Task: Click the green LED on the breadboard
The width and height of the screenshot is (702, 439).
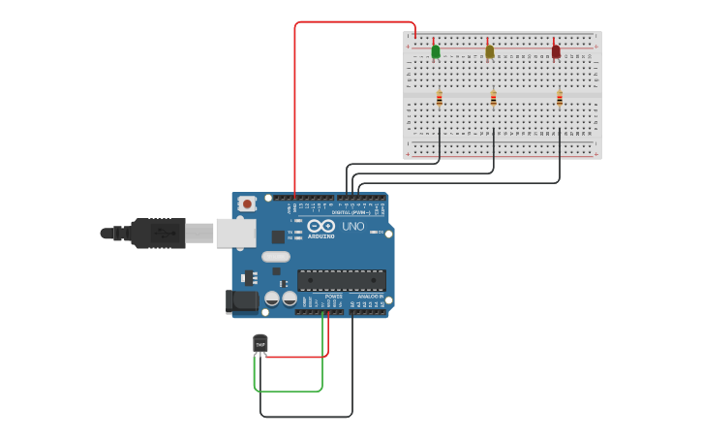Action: [x=436, y=50]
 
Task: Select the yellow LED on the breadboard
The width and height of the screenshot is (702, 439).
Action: [x=490, y=50]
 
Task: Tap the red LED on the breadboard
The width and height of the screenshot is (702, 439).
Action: [x=556, y=50]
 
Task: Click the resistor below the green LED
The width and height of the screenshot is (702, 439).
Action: [x=440, y=97]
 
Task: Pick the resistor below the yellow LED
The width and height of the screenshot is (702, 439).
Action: [x=494, y=97]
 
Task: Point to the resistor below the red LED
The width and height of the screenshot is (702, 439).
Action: [x=560, y=97]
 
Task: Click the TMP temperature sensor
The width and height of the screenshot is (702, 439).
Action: [x=260, y=343]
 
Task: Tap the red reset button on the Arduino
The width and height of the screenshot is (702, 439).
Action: [x=248, y=204]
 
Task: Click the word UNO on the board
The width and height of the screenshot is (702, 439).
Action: [x=353, y=227]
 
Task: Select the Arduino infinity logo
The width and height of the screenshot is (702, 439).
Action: [x=321, y=226]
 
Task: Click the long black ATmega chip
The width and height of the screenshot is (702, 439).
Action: [x=342, y=280]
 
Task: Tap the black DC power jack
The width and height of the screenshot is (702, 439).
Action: [x=242, y=301]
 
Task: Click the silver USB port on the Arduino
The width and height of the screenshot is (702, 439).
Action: [x=235, y=233]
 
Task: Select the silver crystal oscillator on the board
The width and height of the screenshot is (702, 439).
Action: [x=275, y=258]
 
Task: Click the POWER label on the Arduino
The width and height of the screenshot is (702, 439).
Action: [x=333, y=297]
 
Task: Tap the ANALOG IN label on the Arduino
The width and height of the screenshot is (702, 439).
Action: [x=371, y=297]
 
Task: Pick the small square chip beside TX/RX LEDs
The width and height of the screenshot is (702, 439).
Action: [x=278, y=235]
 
